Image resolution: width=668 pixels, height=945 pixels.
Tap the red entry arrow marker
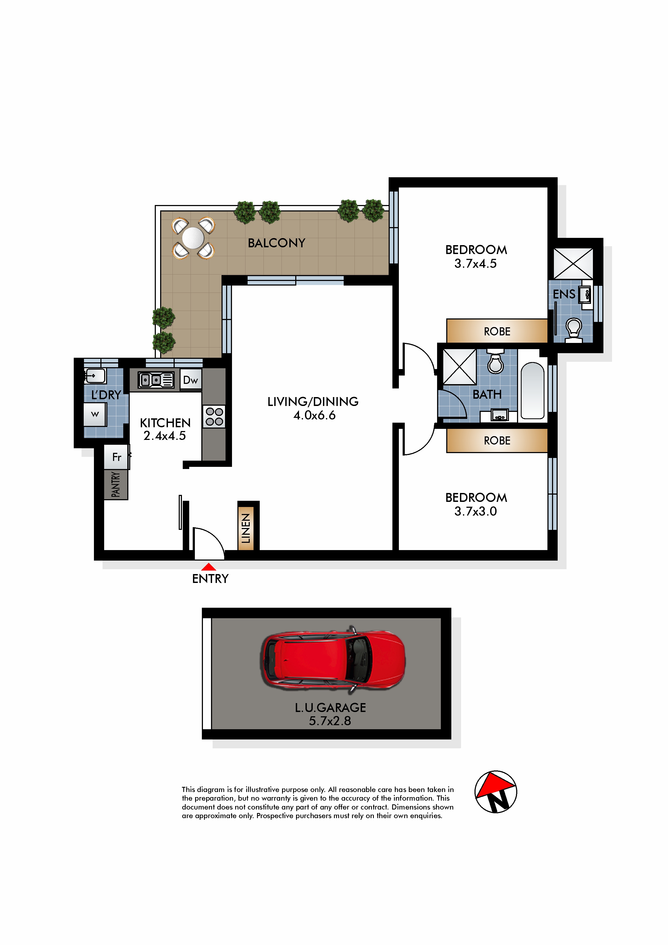[x=209, y=567]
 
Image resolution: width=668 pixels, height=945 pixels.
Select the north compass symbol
[x=496, y=792]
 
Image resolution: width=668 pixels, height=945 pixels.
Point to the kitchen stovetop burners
[x=214, y=416]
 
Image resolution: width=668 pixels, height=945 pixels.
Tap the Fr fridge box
[x=117, y=457]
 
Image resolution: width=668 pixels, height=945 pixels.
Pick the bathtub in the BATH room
[x=532, y=391]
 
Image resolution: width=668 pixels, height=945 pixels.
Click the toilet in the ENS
[x=573, y=331]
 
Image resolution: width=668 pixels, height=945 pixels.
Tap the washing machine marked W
[x=95, y=415]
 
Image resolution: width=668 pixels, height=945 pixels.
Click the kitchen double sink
[x=156, y=380]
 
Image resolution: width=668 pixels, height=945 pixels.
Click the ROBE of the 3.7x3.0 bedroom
[x=497, y=440]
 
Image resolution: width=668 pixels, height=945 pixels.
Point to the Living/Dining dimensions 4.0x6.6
[x=314, y=415]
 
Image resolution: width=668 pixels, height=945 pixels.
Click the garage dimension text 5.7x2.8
[x=330, y=721]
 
